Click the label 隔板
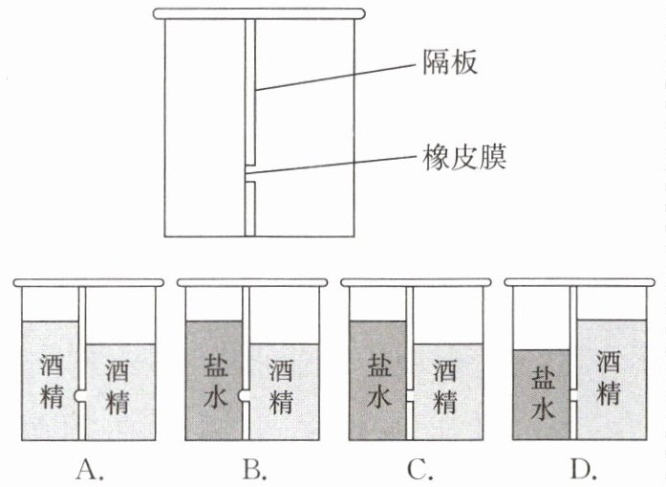coord(450,62)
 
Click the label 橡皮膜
coord(464,158)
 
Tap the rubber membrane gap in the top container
coord(249,173)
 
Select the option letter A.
coord(90,470)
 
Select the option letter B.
coord(254,470)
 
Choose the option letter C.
coord(419,470)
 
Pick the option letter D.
coord(584,470)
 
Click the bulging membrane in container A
coord(79,395)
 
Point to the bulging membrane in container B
coord(243,395)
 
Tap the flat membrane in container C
coord(410,395)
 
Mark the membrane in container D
coord(573,395)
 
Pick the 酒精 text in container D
coord(608,377)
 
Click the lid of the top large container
coord(259,14)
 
